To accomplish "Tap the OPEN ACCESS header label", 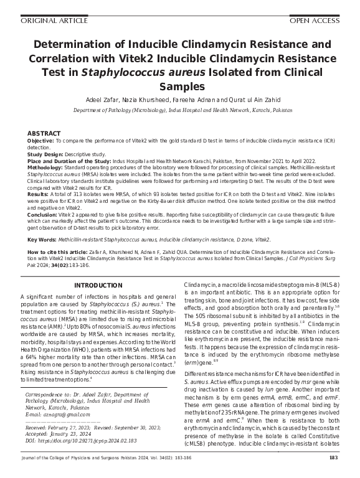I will click(316, 21).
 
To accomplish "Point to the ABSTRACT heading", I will click(44, 134).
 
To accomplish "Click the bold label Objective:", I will click(40, 141).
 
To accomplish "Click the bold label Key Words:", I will click(41, 240).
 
